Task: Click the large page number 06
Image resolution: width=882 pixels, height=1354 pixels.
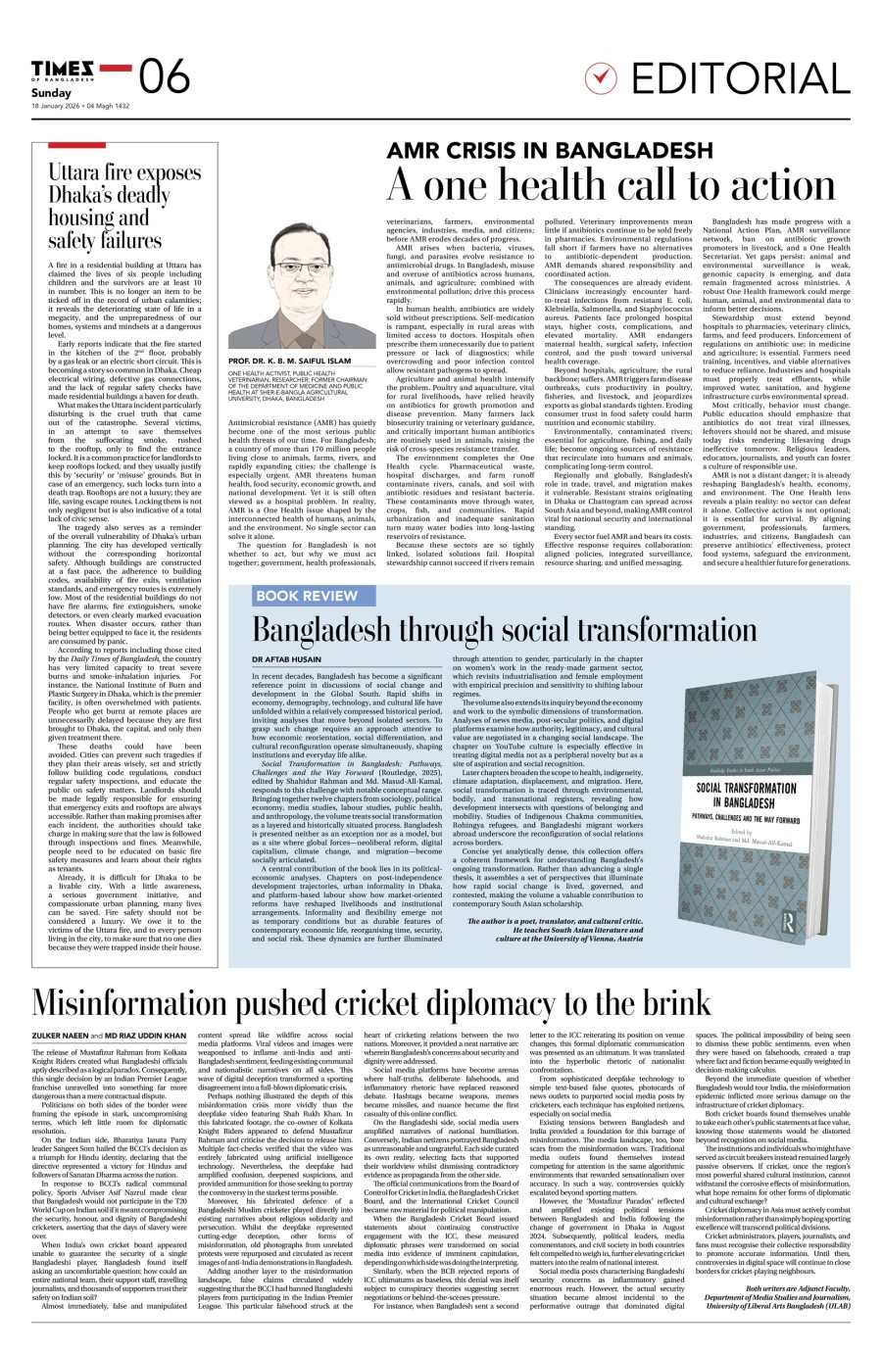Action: pyautogui.click(x=164, y=76)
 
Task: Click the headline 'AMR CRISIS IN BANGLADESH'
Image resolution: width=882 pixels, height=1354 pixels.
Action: pyautogui.click(x=550, y=150)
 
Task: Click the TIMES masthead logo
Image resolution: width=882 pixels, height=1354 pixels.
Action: pyautogui.click(x=63, y=68)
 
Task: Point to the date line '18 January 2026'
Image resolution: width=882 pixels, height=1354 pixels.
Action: pyautogui.click(x=55, y=106)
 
